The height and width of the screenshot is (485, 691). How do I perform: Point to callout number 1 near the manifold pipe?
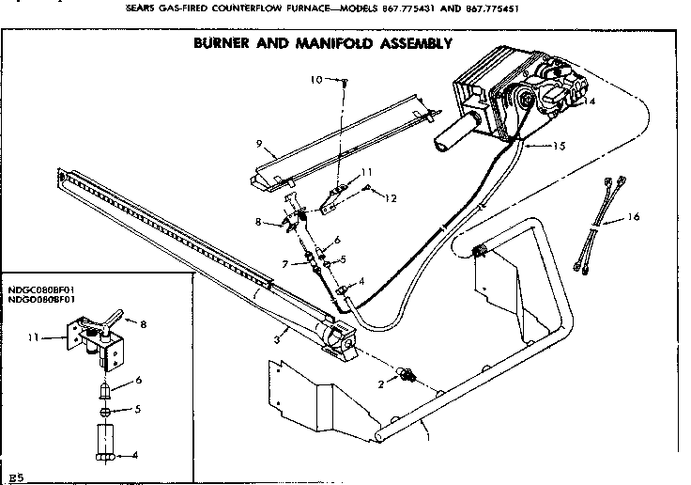pyautogui.click(x=427, y=434)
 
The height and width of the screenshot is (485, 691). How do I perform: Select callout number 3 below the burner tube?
pyautogui.click(x=275, y=338)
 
